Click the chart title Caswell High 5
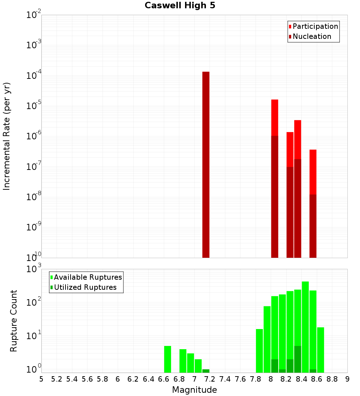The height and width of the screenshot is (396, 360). point(180,6)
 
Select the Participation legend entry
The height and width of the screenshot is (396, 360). point(315,26)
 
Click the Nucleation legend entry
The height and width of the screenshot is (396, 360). point(312,36)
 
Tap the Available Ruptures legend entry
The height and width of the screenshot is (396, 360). point(88,277)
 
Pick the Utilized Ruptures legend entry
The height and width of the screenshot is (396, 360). point(85,287)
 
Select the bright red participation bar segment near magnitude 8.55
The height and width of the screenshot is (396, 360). point(313,172)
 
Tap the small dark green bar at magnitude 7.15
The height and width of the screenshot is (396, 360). point(206,371)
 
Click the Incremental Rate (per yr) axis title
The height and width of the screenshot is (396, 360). point(7,136)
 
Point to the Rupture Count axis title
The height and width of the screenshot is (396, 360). point(14,320)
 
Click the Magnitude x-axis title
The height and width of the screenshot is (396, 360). point(194,390)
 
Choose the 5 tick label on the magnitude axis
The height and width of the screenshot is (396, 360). point(41,379)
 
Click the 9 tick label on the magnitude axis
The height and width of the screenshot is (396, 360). point(347,379)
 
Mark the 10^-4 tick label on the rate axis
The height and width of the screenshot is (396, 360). point(34,76)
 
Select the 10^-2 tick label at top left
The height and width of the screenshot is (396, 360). point(34,15)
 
